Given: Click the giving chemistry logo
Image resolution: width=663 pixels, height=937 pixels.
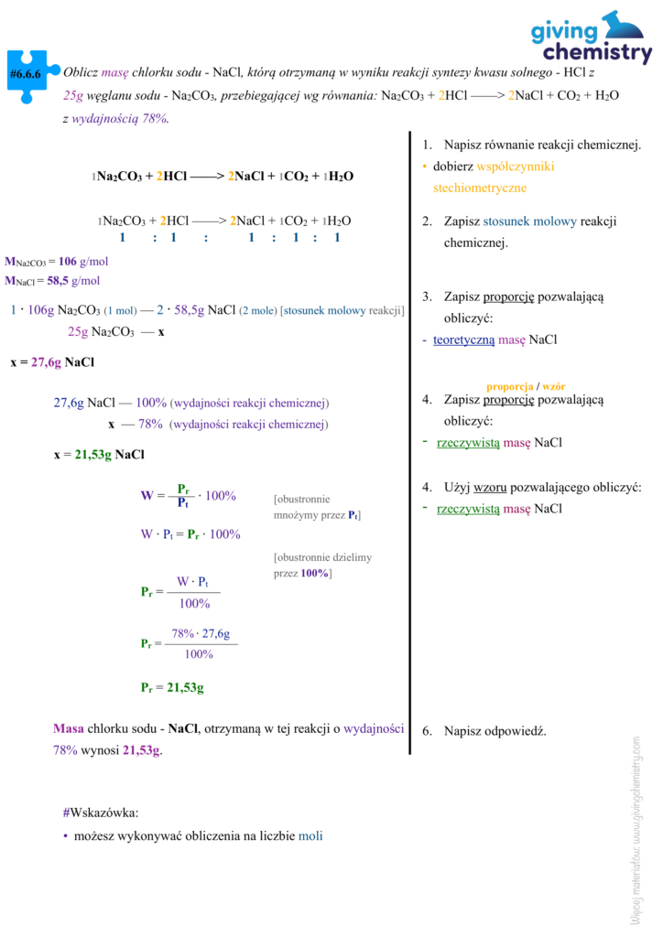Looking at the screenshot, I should pyautogui.click(x=592, y=38).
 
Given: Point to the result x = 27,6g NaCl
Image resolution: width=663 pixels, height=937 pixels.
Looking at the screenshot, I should pyautogui.click(x=52, y=362).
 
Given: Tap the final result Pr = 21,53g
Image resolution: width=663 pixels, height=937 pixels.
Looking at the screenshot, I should pyautogui.click(x=172, y=687).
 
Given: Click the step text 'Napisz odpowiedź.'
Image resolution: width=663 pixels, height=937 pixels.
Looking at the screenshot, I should pyautogui.click(x=495, y=731).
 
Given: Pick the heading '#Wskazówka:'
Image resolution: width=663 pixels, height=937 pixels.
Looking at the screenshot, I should pyautogui.click(x=101, y=812).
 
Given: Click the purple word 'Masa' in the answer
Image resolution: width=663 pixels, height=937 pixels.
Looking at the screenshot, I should pyautogui.click(x=69, y=729).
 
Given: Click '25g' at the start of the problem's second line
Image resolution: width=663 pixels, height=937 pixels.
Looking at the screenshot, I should pyautogui.click(x=74, y=95).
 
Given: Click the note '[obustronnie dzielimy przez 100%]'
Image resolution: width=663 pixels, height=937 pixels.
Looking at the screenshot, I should pyautogui.click(x=322, y=565).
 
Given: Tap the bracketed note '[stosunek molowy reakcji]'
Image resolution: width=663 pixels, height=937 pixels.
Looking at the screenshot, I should pyautogui.click(x=342, y=310).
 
